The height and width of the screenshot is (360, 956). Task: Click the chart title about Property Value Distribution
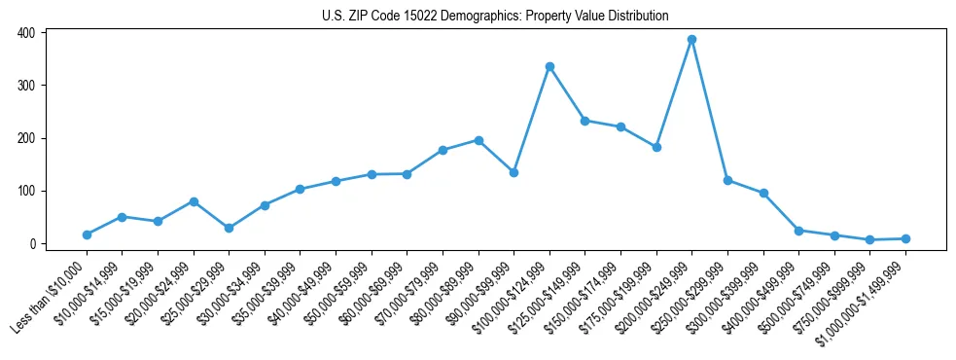[x=495, y=16]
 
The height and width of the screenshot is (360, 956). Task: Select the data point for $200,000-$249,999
[x=691, y=40]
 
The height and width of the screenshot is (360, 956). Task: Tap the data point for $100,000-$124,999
[x=549, y=66]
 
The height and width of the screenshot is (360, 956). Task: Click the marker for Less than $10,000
[x=87, y=234]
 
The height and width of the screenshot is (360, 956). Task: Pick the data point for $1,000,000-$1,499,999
[x=905, y=238]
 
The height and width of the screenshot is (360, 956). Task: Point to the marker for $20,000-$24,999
[x=194, y=201]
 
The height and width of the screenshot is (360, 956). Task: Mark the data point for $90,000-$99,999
[x=513, y=172]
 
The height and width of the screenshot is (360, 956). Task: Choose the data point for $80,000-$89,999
[x=478, y=140]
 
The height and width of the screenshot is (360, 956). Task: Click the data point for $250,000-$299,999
[x=727, y=180]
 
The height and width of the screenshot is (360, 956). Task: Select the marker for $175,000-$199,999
[x=656, y=147]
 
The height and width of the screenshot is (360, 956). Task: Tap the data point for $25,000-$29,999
[x=229, y=228]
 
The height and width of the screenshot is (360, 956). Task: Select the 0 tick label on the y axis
[x=32, y=243]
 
